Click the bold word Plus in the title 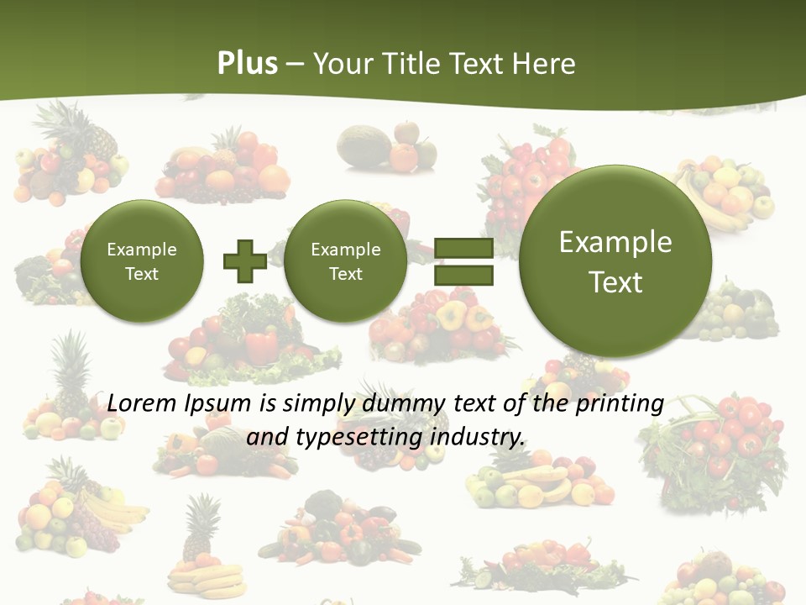tap(248, 64)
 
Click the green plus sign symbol tap(244, 260)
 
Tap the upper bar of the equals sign tap(463, 248)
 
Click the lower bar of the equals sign tap(463, 274)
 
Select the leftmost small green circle tap(142, 260)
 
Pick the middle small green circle tap(345, 260)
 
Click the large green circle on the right tap(615, 260)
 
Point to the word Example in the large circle tap(615, 242)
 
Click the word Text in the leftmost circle tap(142, 274)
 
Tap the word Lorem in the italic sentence tap(142, 403)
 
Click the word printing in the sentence tap(620, 404)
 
